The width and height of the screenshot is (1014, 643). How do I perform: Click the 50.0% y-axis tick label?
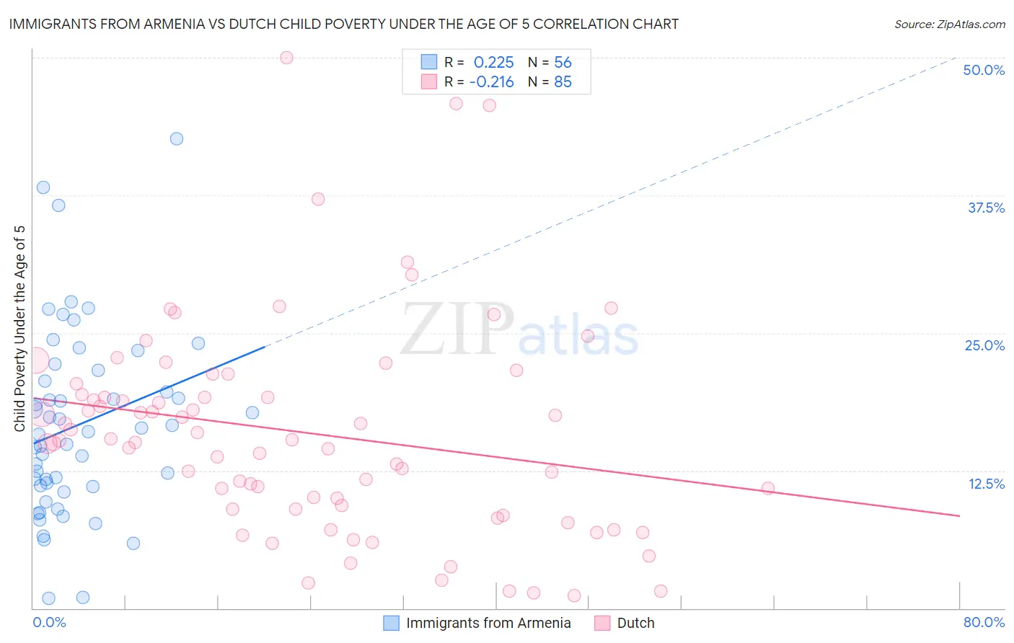point(984,70)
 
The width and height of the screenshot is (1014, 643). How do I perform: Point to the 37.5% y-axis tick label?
point(986,208)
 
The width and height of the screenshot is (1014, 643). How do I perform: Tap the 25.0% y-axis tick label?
point(984,345)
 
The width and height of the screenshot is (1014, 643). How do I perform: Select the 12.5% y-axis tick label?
point(986,484)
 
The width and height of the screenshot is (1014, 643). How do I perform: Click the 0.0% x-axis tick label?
point(49,622)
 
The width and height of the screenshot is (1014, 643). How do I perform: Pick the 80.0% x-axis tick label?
point(984,622)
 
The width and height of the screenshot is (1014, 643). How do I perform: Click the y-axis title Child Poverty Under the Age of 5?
point(19,328)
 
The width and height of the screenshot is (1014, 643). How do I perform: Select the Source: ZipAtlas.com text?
point(949,24)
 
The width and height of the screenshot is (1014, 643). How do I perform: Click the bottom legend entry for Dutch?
point(625,623)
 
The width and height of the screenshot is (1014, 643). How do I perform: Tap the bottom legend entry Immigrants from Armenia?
point(477,623)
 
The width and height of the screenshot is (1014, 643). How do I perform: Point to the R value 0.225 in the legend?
point(493,62)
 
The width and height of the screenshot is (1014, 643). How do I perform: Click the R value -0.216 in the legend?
point(491,82)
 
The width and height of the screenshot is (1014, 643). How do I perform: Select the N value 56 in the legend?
point(563,62)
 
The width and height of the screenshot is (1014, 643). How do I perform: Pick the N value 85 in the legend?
point(563,82)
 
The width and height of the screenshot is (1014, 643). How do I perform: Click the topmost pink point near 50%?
point(286,58)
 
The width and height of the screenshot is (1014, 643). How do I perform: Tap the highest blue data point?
point(177,138)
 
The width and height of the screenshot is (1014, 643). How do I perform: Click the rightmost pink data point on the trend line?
point(768,488)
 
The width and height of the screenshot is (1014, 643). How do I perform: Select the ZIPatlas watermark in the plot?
point(519,330)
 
